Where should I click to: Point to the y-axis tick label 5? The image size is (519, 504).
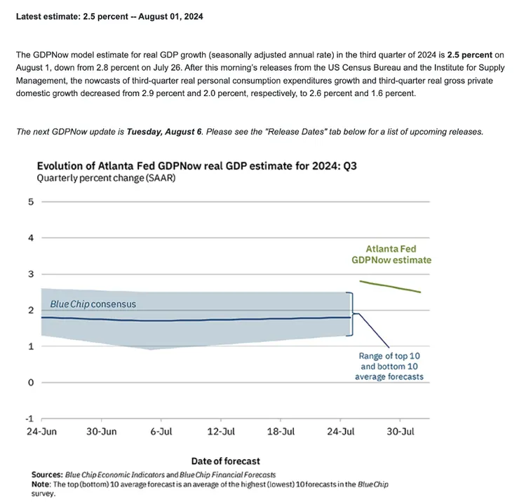point(30,202)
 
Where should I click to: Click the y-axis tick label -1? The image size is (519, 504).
point(29,418)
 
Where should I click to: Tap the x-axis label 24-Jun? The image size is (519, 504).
point(41,432)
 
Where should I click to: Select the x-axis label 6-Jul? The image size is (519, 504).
point(161,432)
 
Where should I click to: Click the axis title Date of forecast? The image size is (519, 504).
point(225,461)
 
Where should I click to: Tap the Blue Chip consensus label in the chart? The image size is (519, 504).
point(93,304)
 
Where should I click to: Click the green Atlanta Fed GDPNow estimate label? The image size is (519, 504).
point(391,254)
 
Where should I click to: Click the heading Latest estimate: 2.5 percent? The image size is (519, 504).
point(109,16)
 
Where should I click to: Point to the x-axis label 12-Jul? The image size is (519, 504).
point(221,432)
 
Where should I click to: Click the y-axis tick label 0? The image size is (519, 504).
point(30,383)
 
